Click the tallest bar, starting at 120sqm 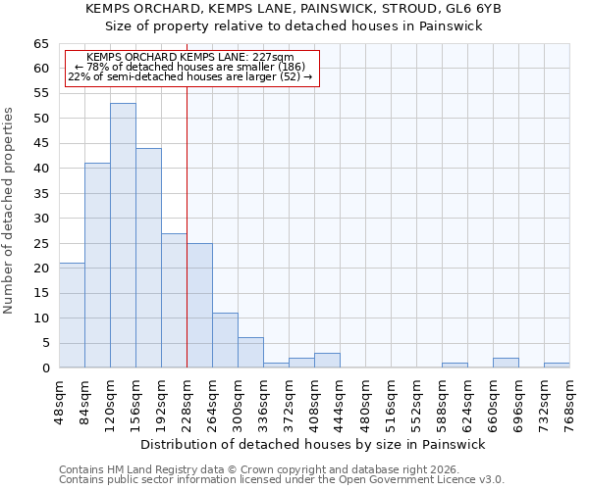(x=123, y=235)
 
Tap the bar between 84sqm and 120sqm (x=97, y=265)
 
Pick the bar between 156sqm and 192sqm (x=148, y=258)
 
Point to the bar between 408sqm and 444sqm (x=327, y=361)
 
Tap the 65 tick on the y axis (x=40, y=44)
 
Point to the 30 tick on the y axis (x=40, y=219)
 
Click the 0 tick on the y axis (x=44, y=368)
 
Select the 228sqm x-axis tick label (x=187, y=399)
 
